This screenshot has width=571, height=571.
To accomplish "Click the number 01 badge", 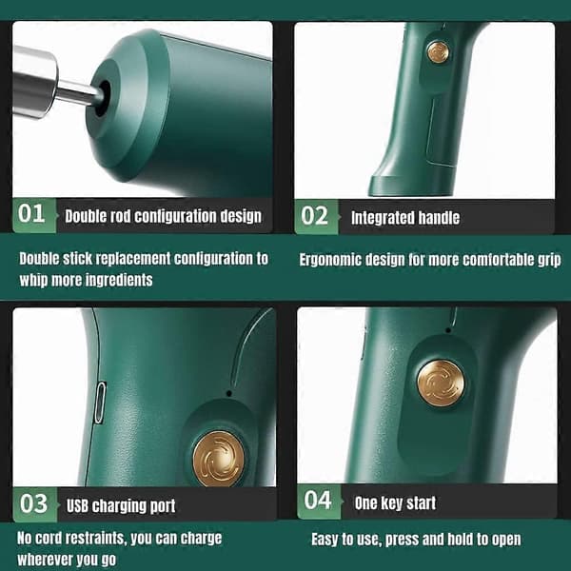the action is click(x=34, y=215).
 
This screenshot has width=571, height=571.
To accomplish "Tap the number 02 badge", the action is click(x=316, y=216).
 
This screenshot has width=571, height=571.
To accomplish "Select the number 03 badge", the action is click(x=35, y=504).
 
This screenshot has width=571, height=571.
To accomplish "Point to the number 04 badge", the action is click(x=319, y=502).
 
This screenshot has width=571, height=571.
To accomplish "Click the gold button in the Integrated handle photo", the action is click(x=438, y=51).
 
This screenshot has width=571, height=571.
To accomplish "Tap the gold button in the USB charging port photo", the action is click(x=219, y=459).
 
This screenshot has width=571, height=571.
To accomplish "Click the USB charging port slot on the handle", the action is click(x=99, y=403).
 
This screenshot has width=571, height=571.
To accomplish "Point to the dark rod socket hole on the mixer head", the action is click(x=103, y=98).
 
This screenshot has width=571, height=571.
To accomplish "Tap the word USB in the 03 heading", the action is click(x=77, y=506).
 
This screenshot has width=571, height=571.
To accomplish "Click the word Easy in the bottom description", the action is click(x=325, y=540).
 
